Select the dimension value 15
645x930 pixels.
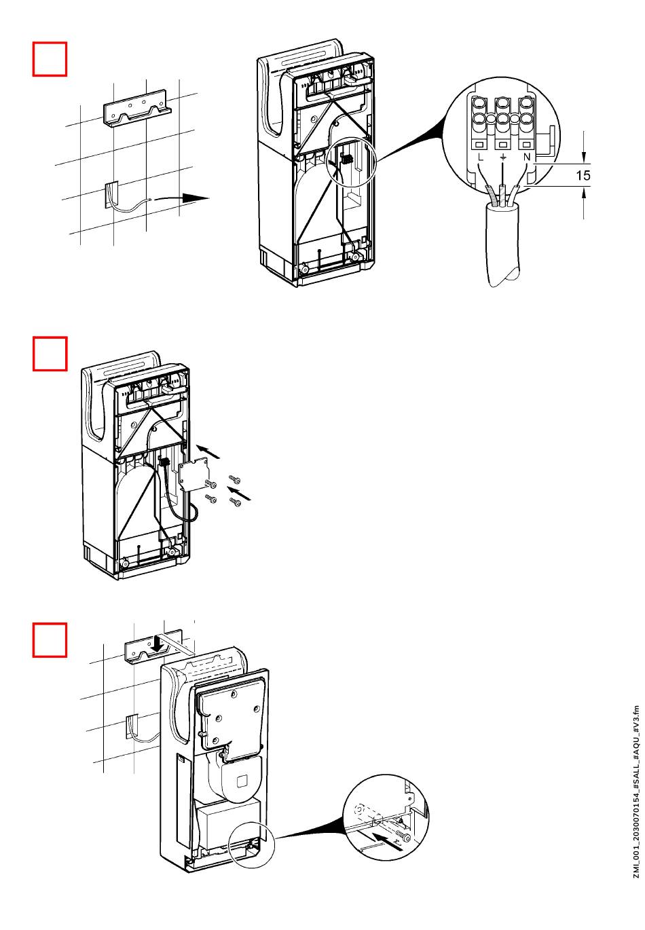coord(583,176)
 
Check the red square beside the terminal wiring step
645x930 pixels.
coord(50,59)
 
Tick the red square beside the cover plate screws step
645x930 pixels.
coord(50,354)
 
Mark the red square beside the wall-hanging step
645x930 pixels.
coord(50,640)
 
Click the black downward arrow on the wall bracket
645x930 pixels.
coord(158,642)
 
